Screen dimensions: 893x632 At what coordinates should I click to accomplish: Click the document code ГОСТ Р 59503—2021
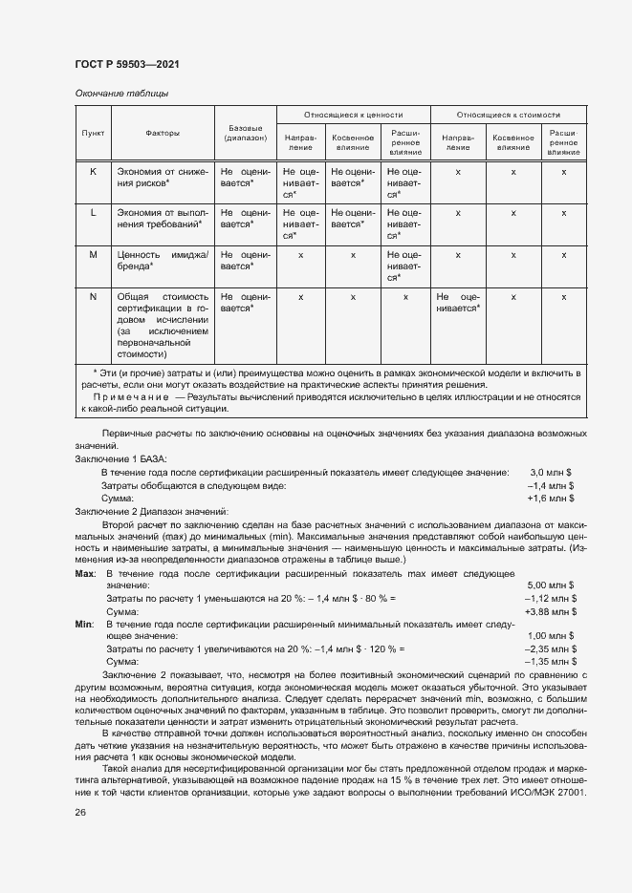click(126, 65)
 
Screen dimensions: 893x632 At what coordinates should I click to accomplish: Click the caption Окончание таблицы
click(121, 94)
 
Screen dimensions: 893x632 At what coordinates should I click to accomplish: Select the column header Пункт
click(93, 134)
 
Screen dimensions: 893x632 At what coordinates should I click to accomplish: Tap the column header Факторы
click(163, 134)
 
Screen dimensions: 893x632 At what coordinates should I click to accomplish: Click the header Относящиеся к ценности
click(353, 113)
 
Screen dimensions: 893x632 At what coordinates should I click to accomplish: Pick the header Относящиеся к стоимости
click(508, 113)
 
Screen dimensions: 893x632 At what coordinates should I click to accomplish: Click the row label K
click(93, 172)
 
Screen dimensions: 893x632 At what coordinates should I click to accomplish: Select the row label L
click(93, 213)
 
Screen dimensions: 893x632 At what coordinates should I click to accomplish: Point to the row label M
click(93, 255)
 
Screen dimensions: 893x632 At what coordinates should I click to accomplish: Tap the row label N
click(93, 297)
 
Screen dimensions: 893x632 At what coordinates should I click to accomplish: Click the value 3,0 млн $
click(552, 472)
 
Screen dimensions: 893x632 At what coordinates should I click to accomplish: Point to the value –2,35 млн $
click(551, 648)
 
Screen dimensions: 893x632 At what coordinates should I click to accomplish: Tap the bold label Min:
click(84, 623)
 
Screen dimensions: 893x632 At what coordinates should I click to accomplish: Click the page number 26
click(80, 812)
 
